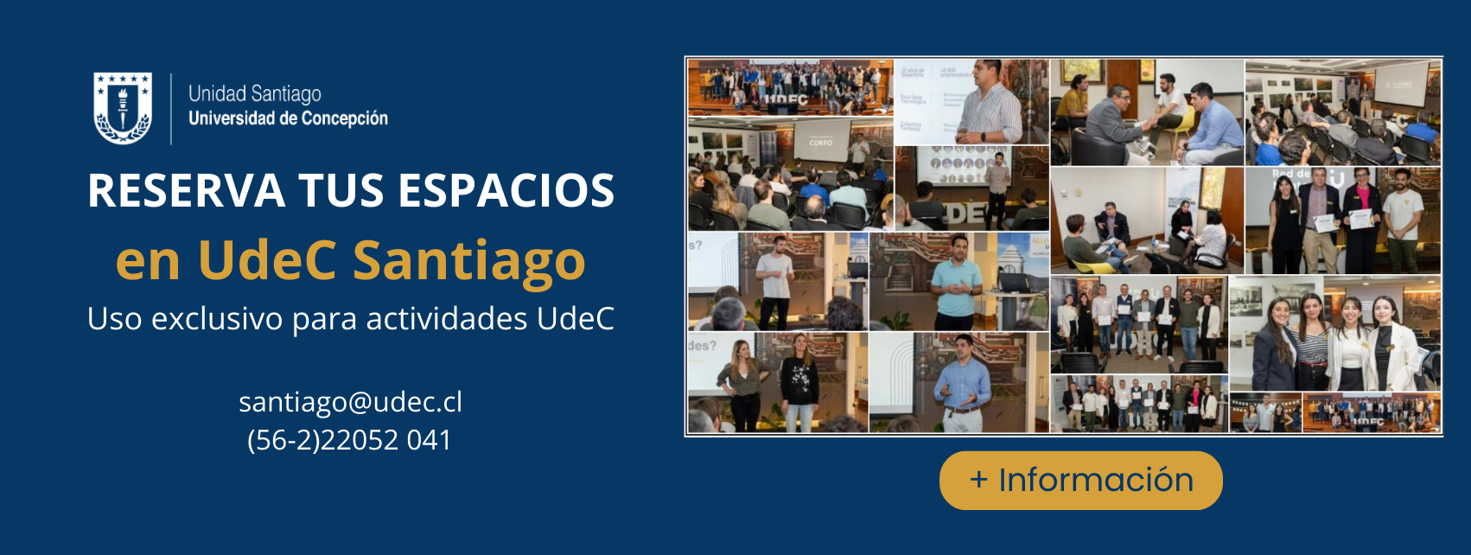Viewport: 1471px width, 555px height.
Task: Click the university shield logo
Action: tap(122, 108)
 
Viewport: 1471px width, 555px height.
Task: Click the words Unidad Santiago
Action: tap(254, 93)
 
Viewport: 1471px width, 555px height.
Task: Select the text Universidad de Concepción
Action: tap(288, 118)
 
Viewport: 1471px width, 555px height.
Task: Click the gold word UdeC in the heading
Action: tap(267, 260)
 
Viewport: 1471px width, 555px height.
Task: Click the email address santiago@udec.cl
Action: tap(350, 402)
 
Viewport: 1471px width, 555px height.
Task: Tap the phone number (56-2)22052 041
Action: tap(349, 440)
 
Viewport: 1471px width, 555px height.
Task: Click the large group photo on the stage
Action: tap(789, 86)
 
